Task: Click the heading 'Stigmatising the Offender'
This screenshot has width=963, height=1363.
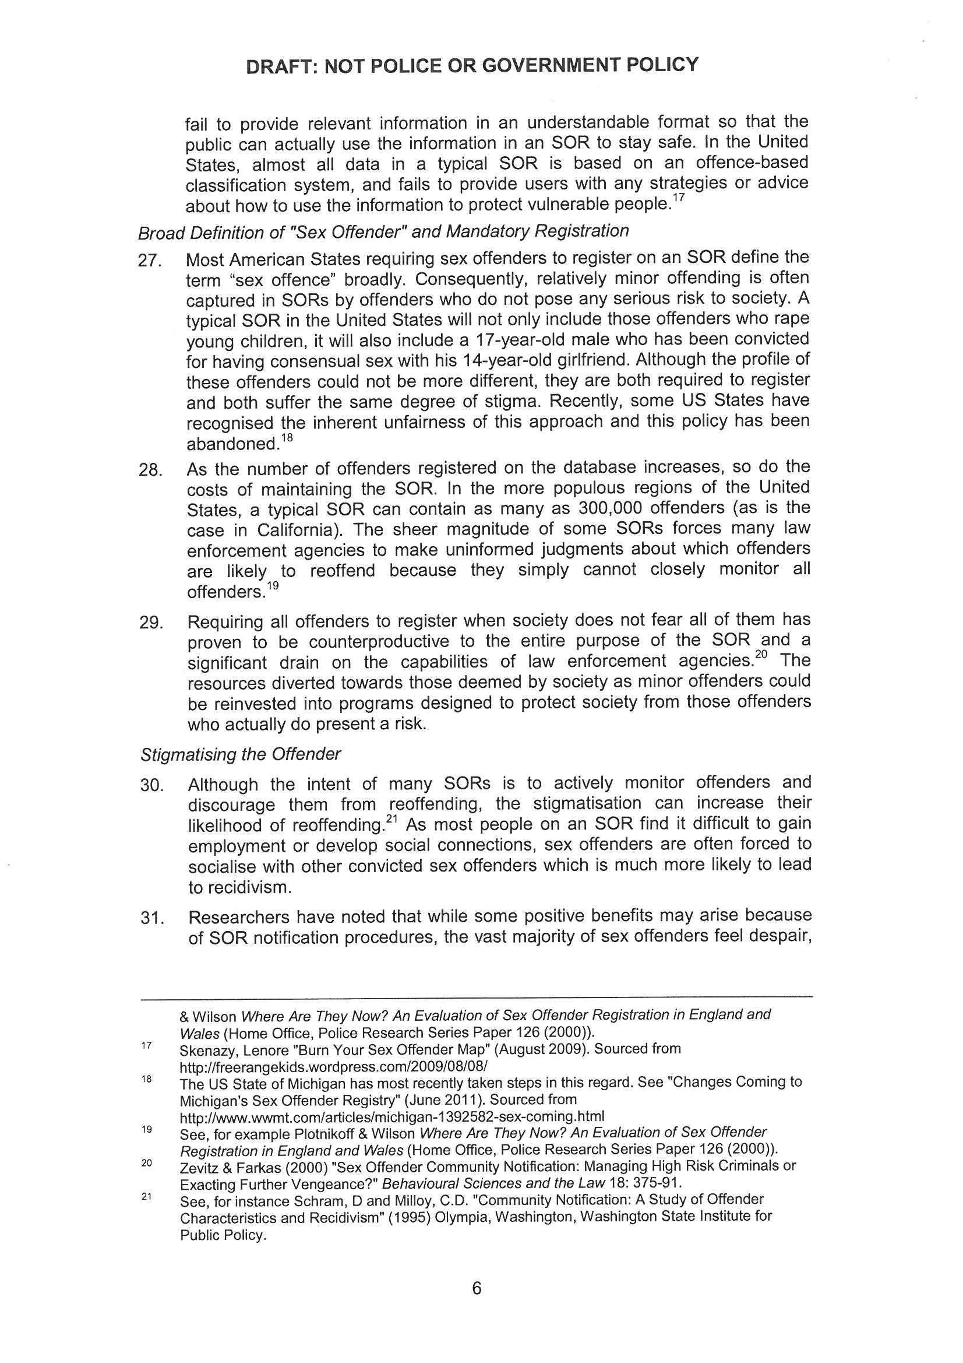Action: pos(240,754)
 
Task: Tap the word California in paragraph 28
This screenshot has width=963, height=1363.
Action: pos(301,529)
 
